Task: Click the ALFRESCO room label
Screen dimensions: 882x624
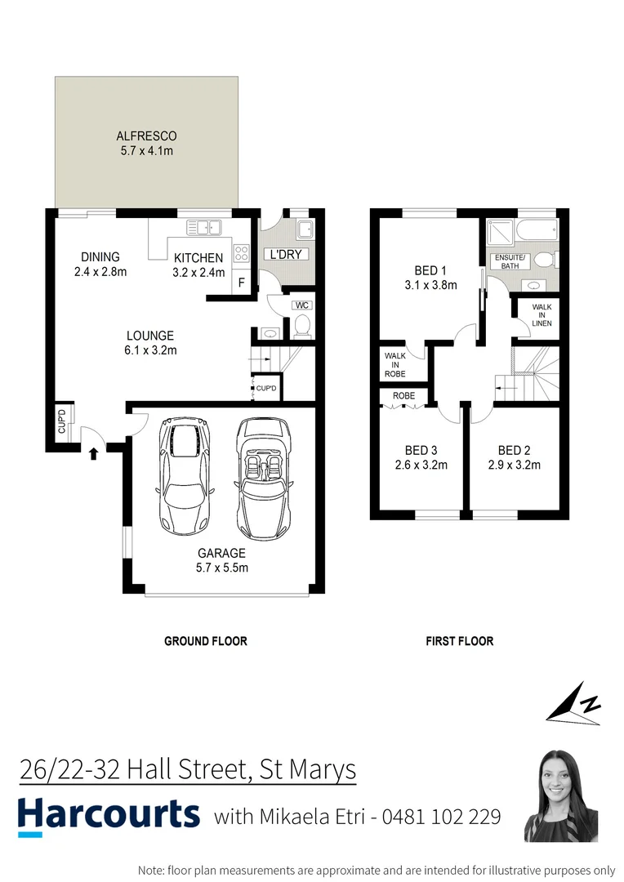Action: point(146,136)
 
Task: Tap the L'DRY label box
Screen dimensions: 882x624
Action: point(286,255)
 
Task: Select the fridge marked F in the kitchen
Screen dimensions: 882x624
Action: point(241,283)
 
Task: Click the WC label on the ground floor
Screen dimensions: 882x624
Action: point(301,305)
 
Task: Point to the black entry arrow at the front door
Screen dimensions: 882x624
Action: point(93,452)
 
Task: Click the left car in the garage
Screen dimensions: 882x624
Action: point(186,474)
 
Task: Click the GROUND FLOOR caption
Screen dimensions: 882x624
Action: point(206,641)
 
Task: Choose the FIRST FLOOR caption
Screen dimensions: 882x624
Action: point(459,641)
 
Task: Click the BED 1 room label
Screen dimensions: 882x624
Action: point(430,270)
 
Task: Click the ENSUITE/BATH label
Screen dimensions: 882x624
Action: point(511,261)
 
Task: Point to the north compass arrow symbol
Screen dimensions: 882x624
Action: point(575,703)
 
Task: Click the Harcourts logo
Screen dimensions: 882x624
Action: point(109,816)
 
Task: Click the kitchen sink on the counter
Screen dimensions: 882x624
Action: point(203,229)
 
